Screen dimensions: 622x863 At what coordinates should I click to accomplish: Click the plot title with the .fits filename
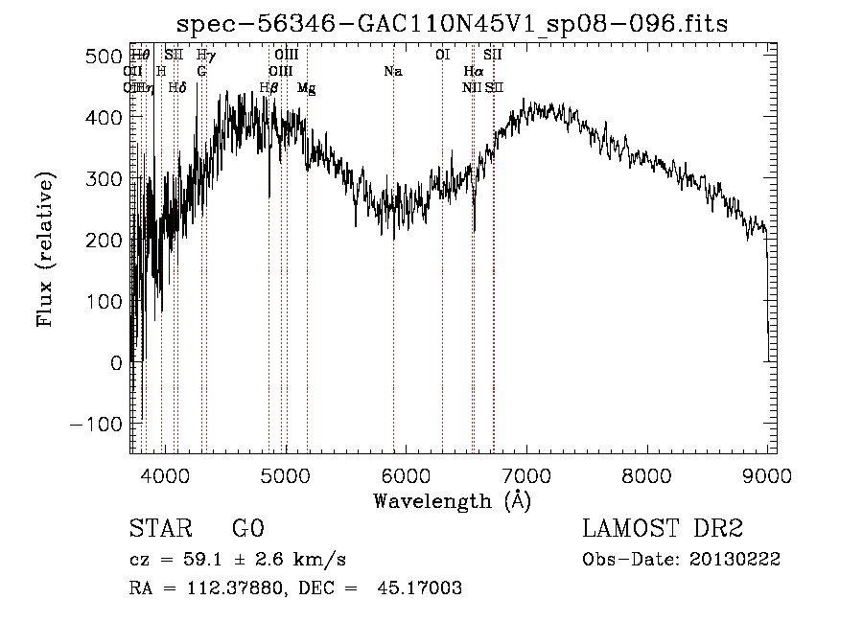pos(453,24)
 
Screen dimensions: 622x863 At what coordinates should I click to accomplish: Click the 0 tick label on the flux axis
pos(117,362)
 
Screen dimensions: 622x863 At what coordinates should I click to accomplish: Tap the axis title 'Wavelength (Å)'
pos(452,500)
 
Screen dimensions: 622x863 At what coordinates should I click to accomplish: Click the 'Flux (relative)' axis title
pos(45,250)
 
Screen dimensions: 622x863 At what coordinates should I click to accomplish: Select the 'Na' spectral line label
pos(392,72)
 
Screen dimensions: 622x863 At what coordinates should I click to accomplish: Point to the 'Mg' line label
pos(306,88)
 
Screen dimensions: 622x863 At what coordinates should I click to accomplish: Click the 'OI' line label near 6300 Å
pos(442,56)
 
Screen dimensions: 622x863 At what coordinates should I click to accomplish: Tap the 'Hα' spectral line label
pos(473,72)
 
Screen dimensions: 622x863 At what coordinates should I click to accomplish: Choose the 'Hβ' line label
pos(268,88)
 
